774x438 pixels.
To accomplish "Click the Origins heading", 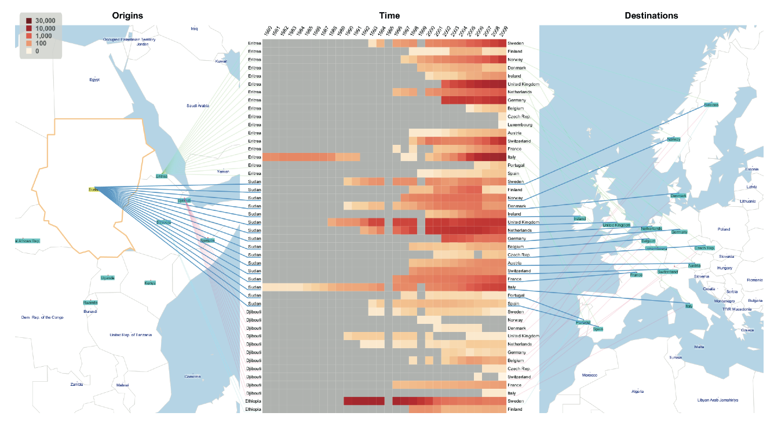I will [x=127, y=16].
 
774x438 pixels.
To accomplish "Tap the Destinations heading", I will [x=651, y=16].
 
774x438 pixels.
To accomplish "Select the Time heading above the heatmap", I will [x=389, y=16].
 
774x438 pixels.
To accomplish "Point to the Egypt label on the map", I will [x=94, y=80].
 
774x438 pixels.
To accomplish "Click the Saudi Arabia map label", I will [x=198, y=105].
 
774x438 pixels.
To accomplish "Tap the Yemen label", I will [x=222, y=171].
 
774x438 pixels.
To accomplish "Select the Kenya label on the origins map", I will [x=150, y=283].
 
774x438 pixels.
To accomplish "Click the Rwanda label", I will [x=90, y=302].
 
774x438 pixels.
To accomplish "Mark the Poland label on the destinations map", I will [x=724, y=229].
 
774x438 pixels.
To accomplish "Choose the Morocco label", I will [x=589, y=375].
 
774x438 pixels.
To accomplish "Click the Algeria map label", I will [x=637, y=391].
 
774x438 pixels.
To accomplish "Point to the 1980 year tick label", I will [x=267, y=32].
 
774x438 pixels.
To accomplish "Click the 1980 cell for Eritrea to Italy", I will [x=267, y=157].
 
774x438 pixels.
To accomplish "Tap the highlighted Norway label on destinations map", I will [x=673, y=139].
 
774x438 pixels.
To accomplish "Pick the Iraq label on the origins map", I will [x=194, y=28].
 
